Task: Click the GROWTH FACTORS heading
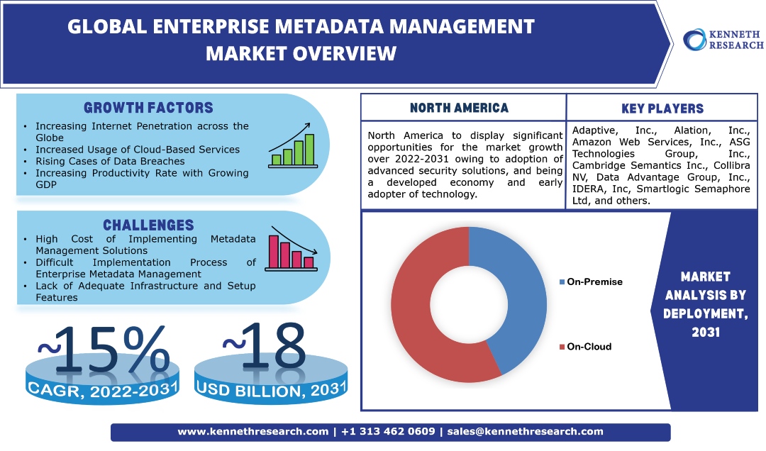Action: coord(148,108)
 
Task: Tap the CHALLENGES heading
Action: coord(148,225)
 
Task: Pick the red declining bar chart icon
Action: coord(292,250)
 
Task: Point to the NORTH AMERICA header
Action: coord(460,108)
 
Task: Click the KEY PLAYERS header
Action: coord(662,108)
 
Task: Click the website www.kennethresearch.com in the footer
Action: coord(253,431)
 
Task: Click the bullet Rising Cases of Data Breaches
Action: coord(110,161)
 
